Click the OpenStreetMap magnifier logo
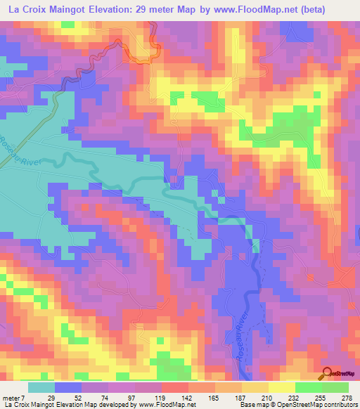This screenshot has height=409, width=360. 326,373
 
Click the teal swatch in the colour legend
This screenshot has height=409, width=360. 41,387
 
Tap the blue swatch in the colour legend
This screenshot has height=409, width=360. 68,387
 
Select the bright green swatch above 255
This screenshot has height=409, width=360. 308,387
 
